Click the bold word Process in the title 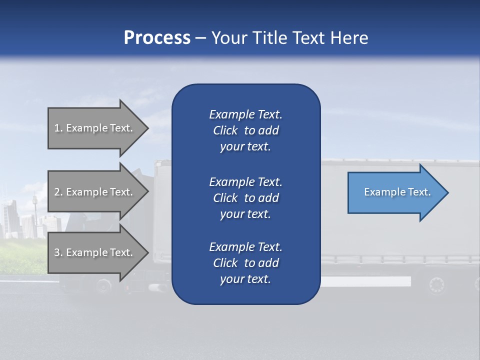click(x=157, y=38)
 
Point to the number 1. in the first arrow click(x=58, y=128)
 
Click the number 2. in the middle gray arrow click(x=58, y=192)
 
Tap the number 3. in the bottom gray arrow click(x=58, y=252)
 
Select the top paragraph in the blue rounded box click(x=245, y=130)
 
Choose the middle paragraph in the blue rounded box click(x=245, y=198)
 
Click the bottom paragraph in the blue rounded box click(x=245, y=263)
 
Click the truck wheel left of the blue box click(x=103, y=285)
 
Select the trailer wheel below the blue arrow click(x=436, y=285)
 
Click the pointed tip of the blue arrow click(x=447, y=192)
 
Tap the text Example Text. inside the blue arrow click(x=397, y=192)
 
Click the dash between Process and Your click(x=200, y=38)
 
